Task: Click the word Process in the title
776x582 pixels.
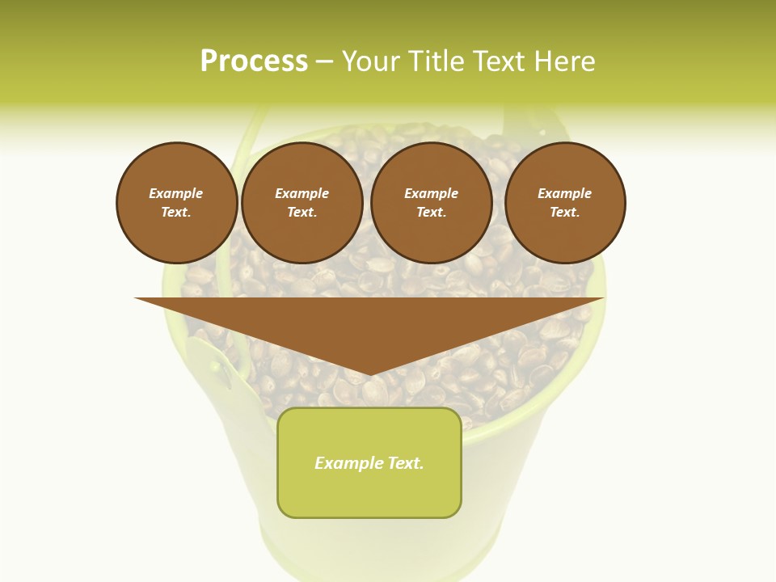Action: click(254, 61)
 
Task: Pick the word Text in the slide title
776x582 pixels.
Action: click(500, 61)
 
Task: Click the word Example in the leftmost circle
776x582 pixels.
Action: click(176, 193)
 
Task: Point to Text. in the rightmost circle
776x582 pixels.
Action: click(565, 212)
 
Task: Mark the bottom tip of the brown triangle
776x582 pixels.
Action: click(369, 375)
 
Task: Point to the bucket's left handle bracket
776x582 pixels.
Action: click(212, 364)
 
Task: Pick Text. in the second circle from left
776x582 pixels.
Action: click(302, 212)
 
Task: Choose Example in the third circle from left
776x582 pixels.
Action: click(432, 193)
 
